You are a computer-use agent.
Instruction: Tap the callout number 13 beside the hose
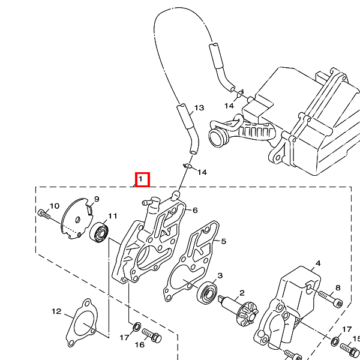199,107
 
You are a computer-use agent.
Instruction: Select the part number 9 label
97,199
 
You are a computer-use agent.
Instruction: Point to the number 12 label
56,311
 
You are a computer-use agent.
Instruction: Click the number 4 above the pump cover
318,263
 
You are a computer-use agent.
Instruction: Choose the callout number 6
195,211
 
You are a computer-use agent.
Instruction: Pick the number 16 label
139,344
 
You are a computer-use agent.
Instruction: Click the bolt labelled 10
44,214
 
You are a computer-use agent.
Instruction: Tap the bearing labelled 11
99,232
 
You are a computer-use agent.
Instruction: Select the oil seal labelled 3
207,292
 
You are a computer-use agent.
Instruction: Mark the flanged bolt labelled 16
152,335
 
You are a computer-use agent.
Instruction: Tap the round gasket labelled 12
82,323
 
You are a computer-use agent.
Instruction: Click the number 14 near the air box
229,106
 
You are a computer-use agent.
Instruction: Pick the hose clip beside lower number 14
188,166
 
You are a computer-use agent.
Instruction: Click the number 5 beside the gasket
224,241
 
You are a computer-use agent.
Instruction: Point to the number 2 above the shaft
242,293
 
